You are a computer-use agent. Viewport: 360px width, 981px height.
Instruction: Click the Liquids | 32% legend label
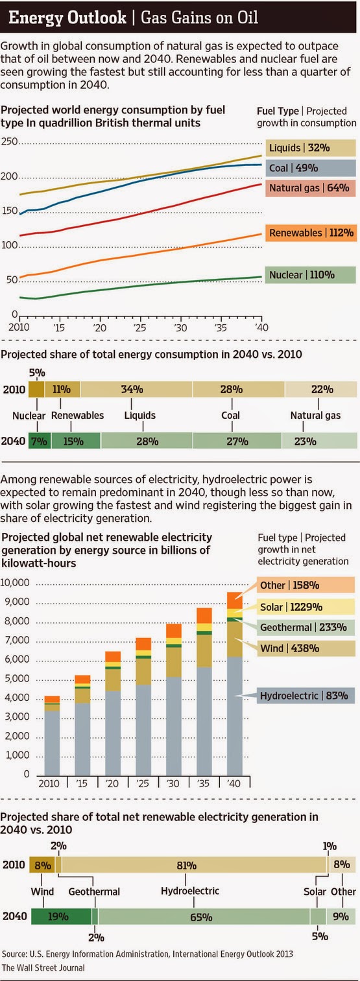[x=311, y=148]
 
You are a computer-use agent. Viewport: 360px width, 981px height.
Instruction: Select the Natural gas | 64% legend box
[x=310, y=188]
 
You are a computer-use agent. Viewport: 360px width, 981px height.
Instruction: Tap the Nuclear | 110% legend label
[x=310, y=275]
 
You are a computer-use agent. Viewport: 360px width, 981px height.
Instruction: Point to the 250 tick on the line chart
[x=9, y=141]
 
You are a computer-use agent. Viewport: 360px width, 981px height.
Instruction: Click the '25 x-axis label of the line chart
[x=139, y=327]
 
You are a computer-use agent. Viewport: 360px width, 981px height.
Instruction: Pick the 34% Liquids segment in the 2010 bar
[x=136, y=389]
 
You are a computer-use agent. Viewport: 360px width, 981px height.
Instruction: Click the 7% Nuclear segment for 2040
[x=40, y=441]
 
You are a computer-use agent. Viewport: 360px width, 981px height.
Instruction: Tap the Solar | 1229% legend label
[x=306, y=607]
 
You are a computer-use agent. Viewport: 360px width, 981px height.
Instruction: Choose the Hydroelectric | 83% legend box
[x=306, y=696]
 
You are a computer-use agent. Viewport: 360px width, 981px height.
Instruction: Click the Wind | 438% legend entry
[x=306, y=648]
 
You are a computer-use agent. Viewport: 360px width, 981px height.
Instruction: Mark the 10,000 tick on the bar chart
[x=15, y=582]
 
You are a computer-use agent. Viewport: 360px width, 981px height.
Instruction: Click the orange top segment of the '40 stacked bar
[x=234, y=600]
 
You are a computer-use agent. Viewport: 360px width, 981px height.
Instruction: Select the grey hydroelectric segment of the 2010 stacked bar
[x=52, y=743]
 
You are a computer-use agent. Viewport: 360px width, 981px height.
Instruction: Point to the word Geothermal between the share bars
[x=94, y=892]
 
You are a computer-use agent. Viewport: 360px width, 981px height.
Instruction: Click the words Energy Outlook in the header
[x=67, y=18]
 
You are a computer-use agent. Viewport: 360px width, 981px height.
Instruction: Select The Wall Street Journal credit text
[x=43, y=967]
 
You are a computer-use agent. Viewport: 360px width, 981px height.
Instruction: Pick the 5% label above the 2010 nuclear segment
[x=37, y=373]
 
